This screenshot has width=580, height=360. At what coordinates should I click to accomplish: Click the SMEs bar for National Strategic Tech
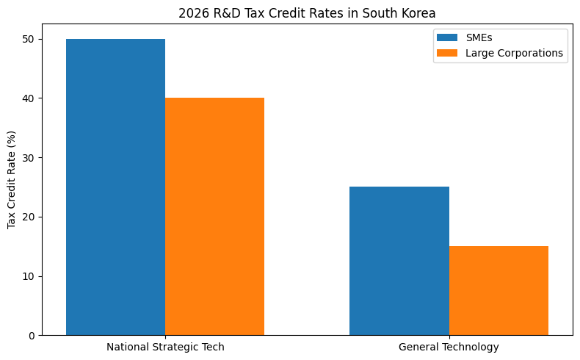[115, 187]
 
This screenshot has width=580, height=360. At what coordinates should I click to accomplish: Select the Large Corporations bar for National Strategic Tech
[214, 217]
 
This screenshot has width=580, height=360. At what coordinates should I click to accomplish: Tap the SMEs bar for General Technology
[399, 261]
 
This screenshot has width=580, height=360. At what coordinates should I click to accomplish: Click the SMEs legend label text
[479, 37]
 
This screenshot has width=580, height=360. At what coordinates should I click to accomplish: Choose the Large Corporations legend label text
[514, 53]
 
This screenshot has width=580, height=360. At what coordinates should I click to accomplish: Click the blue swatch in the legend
[446, 37]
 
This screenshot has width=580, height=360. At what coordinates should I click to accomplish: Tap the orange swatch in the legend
[446, 53]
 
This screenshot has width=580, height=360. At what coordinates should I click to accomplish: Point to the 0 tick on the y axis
[31, 336]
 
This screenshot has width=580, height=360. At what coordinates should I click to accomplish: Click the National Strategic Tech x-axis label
[165, 347]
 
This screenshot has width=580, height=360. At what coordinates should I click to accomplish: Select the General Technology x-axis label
[449, 347]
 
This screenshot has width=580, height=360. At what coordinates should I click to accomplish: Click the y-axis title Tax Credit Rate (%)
[12, 179]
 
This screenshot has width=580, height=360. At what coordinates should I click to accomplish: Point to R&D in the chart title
[223, 12]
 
